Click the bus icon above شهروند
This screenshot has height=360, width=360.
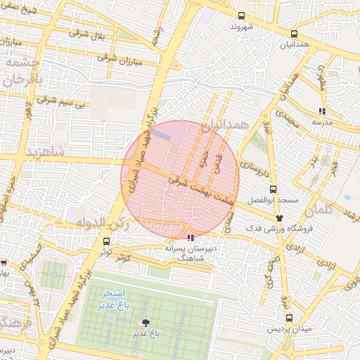(242, 15)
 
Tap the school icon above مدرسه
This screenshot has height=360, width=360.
(322, 110)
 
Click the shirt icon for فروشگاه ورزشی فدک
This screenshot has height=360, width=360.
(280, 217)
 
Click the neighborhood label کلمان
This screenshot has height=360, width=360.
(322, 210)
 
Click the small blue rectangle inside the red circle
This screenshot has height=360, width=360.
(162, 132)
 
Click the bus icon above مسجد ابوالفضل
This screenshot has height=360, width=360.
(274, 188)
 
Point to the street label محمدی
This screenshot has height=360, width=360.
(286, 117)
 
